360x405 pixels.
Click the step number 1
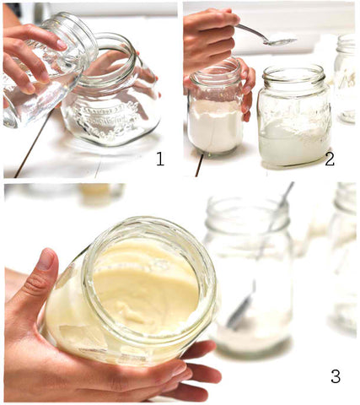click(x=160, y=159)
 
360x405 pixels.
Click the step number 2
click(x=330, y=159)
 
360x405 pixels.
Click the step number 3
click(x=336, y=376)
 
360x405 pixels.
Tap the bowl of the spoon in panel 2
click(x=280, y=41)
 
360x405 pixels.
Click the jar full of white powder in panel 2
click(x=215, y=107)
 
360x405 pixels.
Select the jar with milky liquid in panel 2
click(x=294, y=116)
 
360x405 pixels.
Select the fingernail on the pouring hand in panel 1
click(x=61, y=45)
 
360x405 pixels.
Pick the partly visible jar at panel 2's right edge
click(x=346, y=78)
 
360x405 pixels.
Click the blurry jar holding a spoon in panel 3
click(x=250, y=276)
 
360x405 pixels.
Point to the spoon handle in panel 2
click(x=250, y=31)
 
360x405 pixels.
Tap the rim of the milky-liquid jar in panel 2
click(x=294, y=73)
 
